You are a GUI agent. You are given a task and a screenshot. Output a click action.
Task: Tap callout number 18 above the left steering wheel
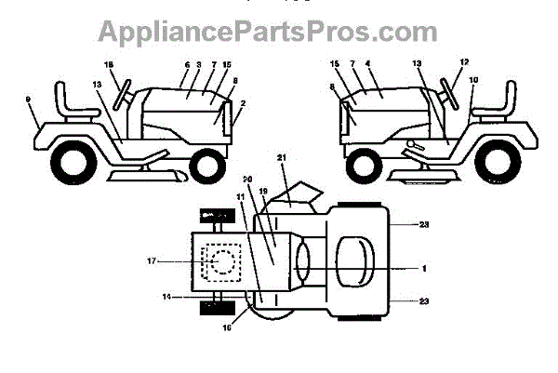(x=108, y=64)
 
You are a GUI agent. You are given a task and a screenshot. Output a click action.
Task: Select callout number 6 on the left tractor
(x=187, y=65)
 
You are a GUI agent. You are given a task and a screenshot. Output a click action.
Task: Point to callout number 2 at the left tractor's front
(x=243, y=104)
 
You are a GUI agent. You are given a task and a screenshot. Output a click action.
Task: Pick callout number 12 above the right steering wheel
(x=464, y=63)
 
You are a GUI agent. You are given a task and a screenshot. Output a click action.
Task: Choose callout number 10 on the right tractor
(x=472, y=80)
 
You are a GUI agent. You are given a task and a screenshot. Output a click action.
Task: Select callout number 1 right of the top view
(x=423, y=268)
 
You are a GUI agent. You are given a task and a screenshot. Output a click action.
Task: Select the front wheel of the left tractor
(x=207, y=166)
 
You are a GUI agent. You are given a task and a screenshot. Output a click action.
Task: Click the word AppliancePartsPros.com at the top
(x=279, y=32)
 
